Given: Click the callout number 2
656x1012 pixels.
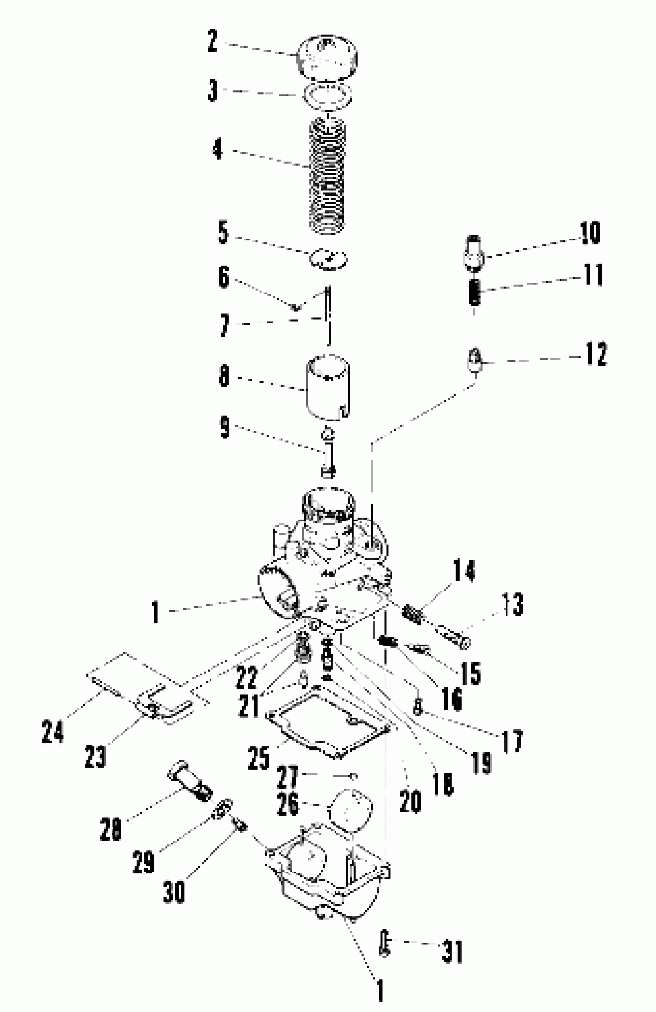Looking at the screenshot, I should pyautogui.click(x=212, y=41).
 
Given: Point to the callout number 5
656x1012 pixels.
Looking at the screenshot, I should pyautogui.click(x=223, y=233).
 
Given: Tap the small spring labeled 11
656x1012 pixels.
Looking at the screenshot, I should pyautogui.click(x=475, y=292).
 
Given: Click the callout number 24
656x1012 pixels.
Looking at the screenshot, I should pyautogui.click(x=53, y=731).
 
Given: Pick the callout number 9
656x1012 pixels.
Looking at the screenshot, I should pyautogui.click(x=224, y=427).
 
